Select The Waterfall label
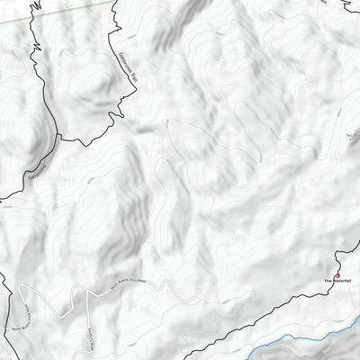click(x=340, y=283)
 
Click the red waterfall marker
click(x=338, y=274)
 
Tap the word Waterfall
click(x=345, y=283)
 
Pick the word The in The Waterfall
click(x=329, y=283)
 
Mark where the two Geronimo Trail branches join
click(x=58, y=139)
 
